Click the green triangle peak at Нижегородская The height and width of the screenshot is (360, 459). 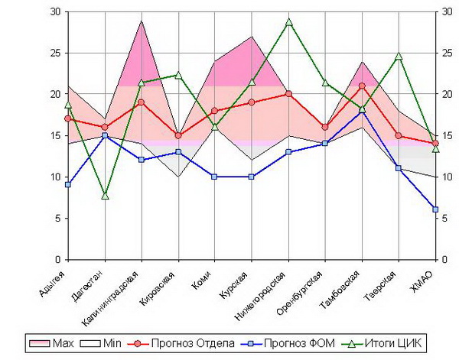tap(288, 22)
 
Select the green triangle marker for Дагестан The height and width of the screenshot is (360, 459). tap(105, 196)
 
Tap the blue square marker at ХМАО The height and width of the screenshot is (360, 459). tap(435, 209)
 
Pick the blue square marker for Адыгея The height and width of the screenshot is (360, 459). tap(68, 185)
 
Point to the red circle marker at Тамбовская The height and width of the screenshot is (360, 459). tap(362, 86)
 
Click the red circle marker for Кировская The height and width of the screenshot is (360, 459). tap(178, 136)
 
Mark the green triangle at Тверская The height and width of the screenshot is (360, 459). tap(399, 57)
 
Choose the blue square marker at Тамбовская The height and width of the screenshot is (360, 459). tap(362, 111)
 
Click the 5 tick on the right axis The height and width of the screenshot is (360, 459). tap(447, 219)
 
